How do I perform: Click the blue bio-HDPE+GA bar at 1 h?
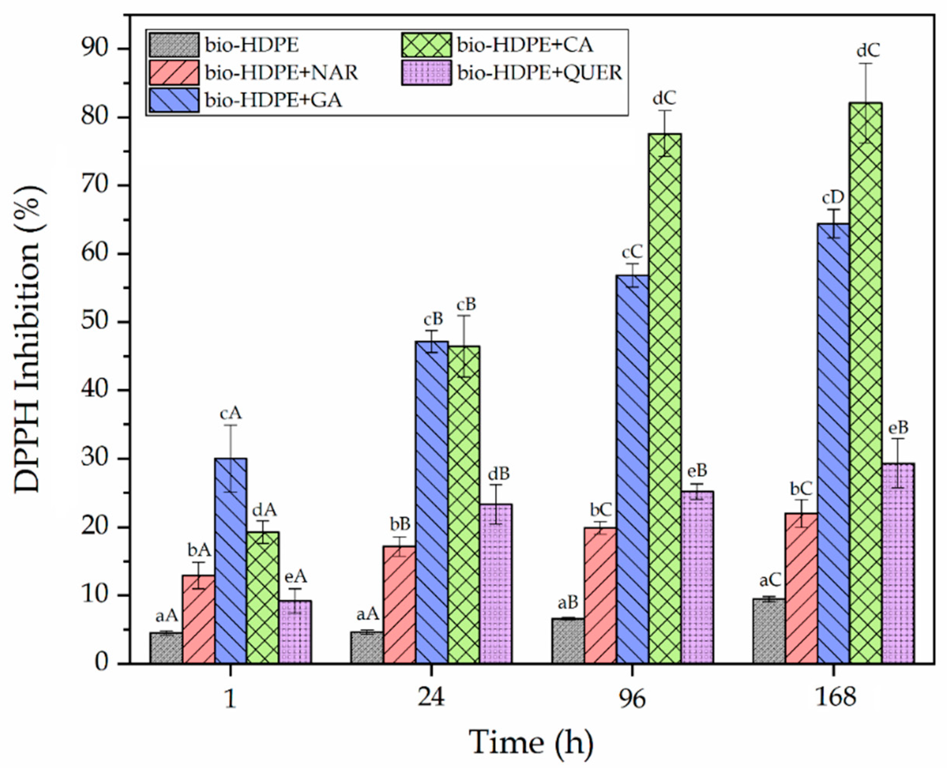coord(231,562)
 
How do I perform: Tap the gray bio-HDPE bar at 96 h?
coord(568,641)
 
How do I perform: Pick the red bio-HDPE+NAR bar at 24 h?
coord(400,606)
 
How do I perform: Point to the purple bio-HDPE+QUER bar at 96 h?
coord(697,580)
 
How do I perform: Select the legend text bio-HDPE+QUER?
coord(540,72)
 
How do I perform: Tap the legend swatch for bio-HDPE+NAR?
coord(174,72)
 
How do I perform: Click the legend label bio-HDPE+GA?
coord(273,100)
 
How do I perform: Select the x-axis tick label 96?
coord(632,699)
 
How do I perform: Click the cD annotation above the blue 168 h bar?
coord(833,197)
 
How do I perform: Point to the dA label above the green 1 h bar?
coord(264,510)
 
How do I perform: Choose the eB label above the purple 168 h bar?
coord(898,428)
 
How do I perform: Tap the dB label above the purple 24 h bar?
coord(498,474)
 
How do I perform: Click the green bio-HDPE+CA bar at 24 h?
coord(464,504)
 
